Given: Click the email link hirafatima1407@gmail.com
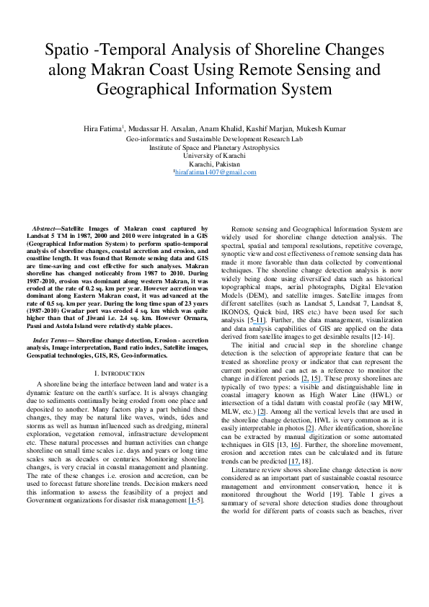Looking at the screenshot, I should coord(215,173).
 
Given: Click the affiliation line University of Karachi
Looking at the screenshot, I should coord(214,155).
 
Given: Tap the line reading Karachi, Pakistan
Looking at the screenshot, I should coord(214,164).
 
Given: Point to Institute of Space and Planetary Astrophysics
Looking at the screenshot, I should coord(214,146).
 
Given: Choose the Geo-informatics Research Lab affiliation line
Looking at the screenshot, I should coord(214,138).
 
